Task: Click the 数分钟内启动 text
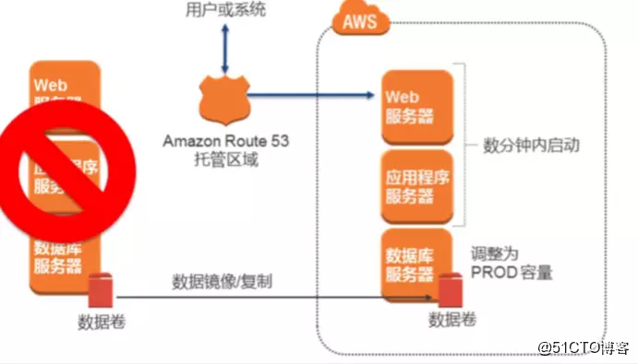point(524,146)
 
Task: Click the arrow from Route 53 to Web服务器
point(314,95)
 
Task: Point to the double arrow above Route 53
point(224,46)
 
